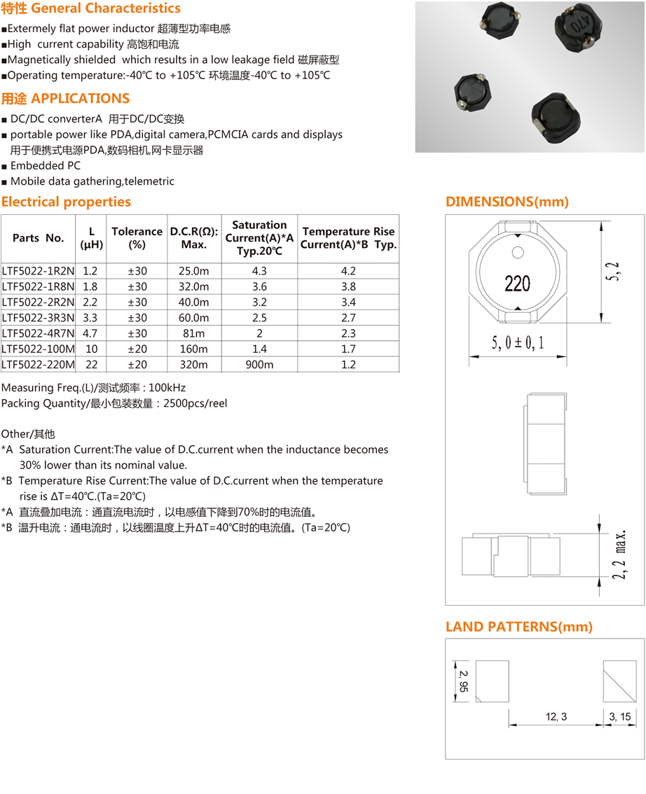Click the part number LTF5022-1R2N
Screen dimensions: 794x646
[x=38, y=271]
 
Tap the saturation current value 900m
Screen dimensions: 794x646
[x=259, y=365]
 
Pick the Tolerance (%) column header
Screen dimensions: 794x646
[x=137, y=238]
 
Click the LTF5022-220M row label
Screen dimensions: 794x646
[x=38, y=365]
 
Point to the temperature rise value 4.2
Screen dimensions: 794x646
[x=348, y=271]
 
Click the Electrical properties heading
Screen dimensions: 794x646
[x=66, y=202]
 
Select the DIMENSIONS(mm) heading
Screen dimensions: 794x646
[x=507, y=202]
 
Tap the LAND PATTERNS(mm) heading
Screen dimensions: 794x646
[x=519, y=627]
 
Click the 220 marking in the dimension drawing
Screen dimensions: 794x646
[x=517, y=284]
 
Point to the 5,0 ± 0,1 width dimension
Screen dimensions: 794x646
[x=517, y=343]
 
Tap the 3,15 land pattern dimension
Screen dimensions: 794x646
[x=620, y=716]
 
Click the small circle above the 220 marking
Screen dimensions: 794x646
[x=518, y=252]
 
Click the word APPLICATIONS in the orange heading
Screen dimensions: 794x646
[x=81, y=99]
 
